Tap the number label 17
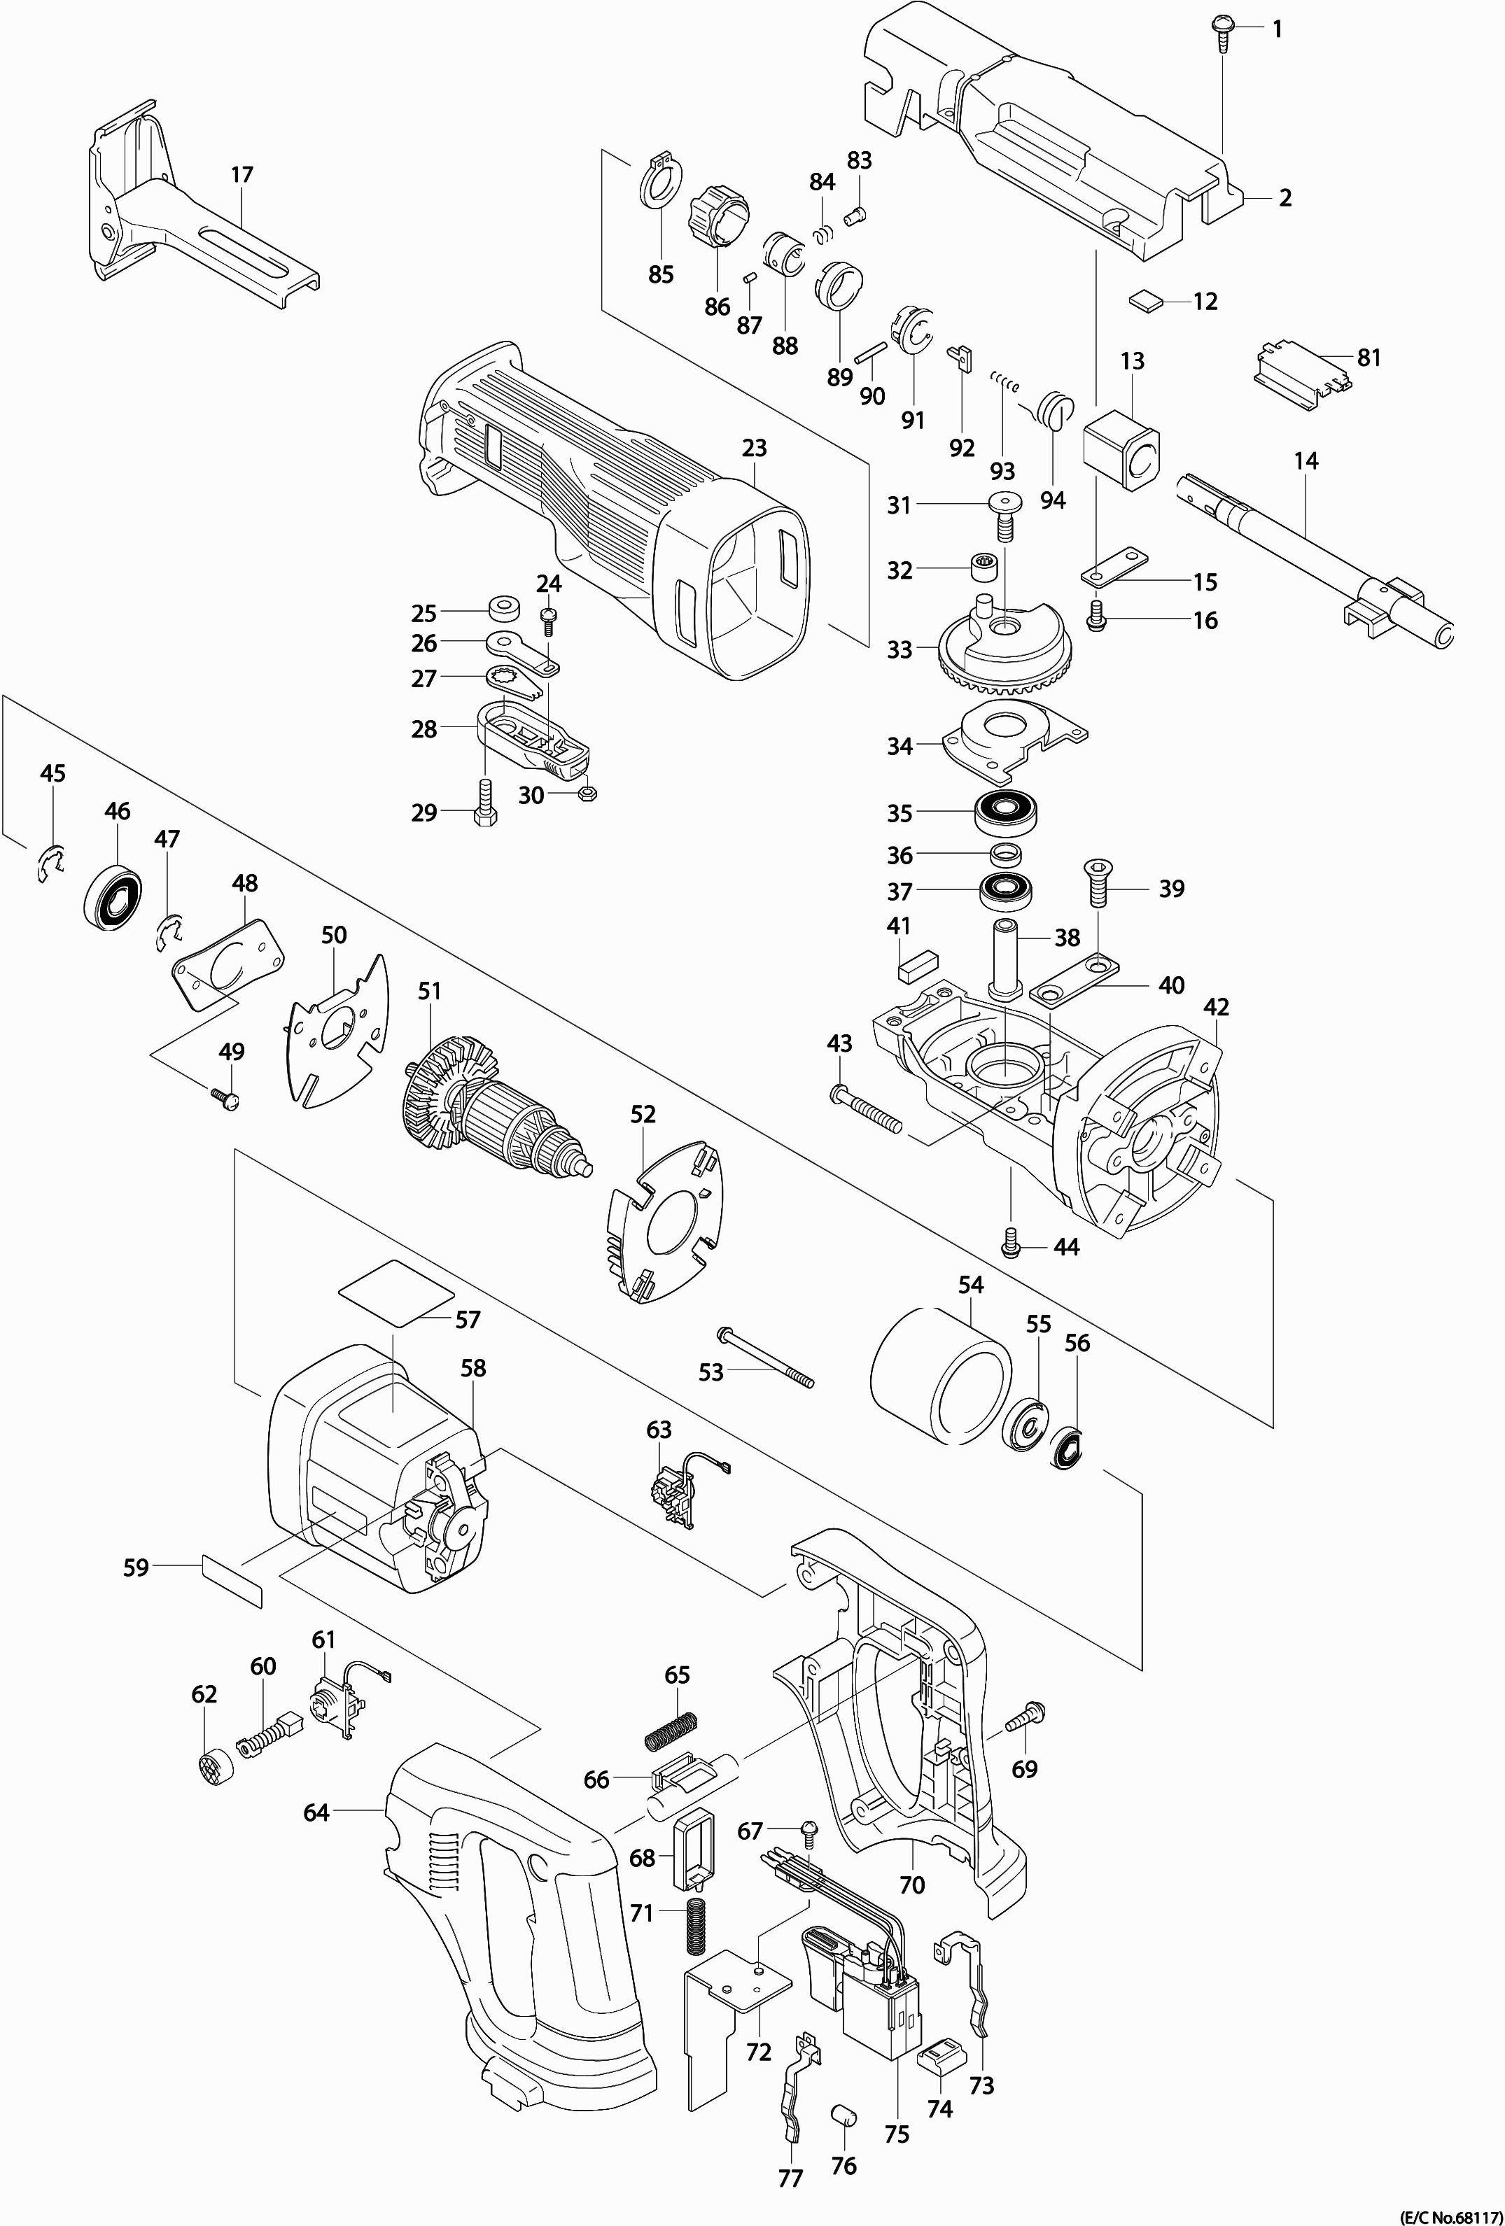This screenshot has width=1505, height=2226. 242,175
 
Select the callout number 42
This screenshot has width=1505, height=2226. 1216,1007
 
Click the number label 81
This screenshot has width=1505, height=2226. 1369,358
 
